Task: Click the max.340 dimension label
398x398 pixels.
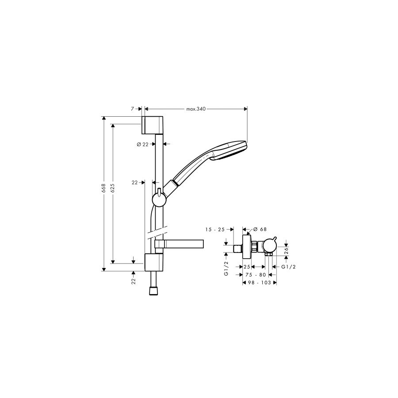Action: (196, 109)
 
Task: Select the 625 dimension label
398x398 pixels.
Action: (113, 188)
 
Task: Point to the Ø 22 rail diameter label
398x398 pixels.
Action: (142, 145)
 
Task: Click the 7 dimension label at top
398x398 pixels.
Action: (132, 109)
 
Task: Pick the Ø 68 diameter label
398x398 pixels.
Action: (260, 229)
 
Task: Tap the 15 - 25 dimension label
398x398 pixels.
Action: (215, 230)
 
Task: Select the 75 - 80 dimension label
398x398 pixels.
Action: (256, 275)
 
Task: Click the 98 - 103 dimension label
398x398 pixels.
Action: (260, 283)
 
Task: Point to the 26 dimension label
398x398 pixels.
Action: (286, 251)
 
